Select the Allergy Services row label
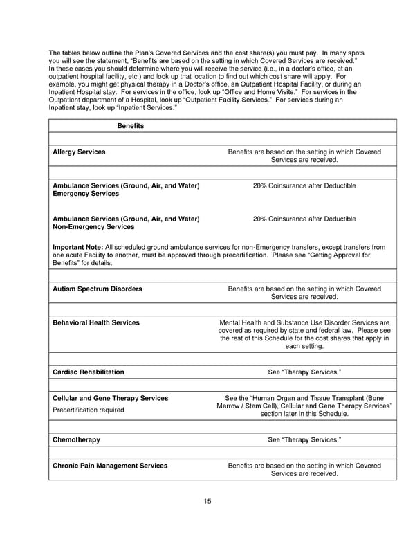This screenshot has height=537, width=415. [x=79, y=152]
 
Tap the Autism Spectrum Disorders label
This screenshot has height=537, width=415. [x=98, y=289]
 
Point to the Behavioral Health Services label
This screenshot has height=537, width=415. [x=96, y=322]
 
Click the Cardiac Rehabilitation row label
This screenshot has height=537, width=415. [x=89, y=372]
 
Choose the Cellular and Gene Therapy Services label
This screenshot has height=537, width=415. [x=110, y=398]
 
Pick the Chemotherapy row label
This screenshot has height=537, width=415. [x=76, y=439]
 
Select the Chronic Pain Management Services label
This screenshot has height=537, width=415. [x=110, y=466]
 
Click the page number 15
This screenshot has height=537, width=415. [x=207, y=502]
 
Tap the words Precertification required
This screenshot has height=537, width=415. [x=89, y=410]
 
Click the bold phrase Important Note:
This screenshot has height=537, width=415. [x=78, y=246]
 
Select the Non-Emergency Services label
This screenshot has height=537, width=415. [x=93, y=227]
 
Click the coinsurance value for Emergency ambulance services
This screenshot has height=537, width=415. [x=304, y=185]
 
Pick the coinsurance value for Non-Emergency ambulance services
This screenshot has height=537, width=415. [x=304, y=219]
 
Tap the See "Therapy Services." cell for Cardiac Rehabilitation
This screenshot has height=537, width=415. [x=304, y=372]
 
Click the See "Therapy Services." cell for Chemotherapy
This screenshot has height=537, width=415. [x=304, y=439]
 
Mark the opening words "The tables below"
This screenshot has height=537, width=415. [x=71, y=53]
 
